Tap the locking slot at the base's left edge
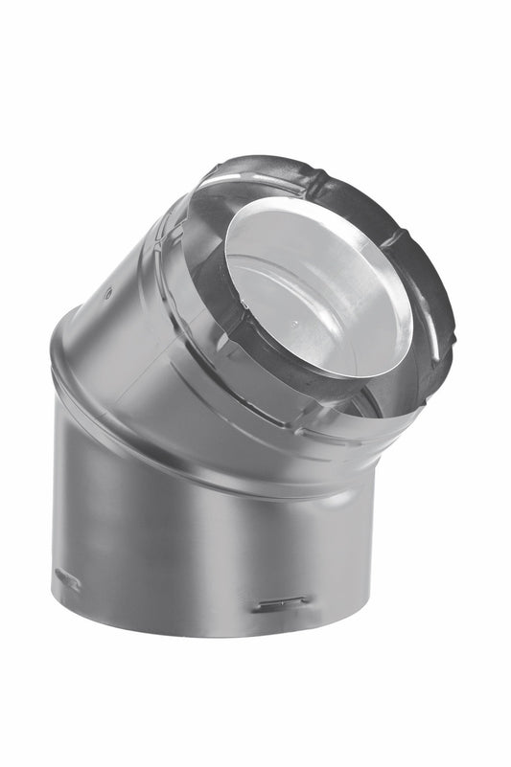68,578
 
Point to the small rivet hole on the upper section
107,293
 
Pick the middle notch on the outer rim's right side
444,287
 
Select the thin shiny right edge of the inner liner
410,306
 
